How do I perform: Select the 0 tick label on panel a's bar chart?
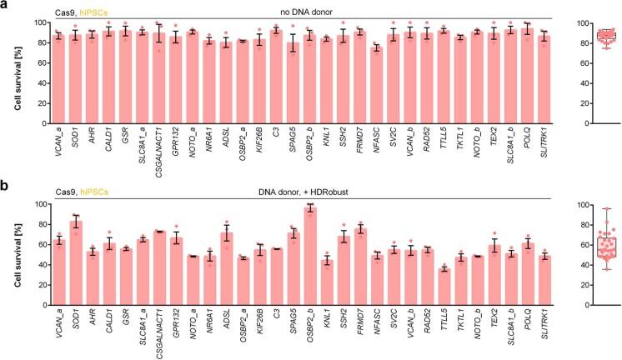point(43,123)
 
